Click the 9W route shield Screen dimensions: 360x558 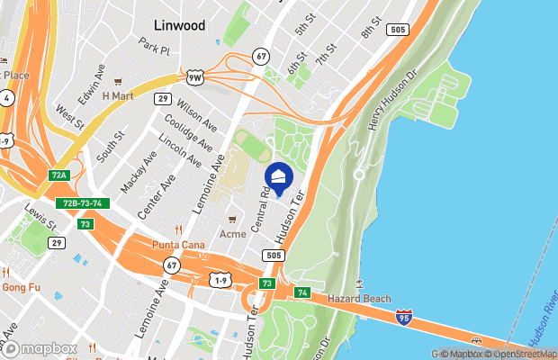[194, 77]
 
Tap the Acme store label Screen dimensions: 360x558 [233, 234]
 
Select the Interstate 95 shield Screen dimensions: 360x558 [404, 317]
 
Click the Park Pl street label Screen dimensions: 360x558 [154, 45]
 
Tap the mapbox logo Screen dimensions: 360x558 [40, 348]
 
